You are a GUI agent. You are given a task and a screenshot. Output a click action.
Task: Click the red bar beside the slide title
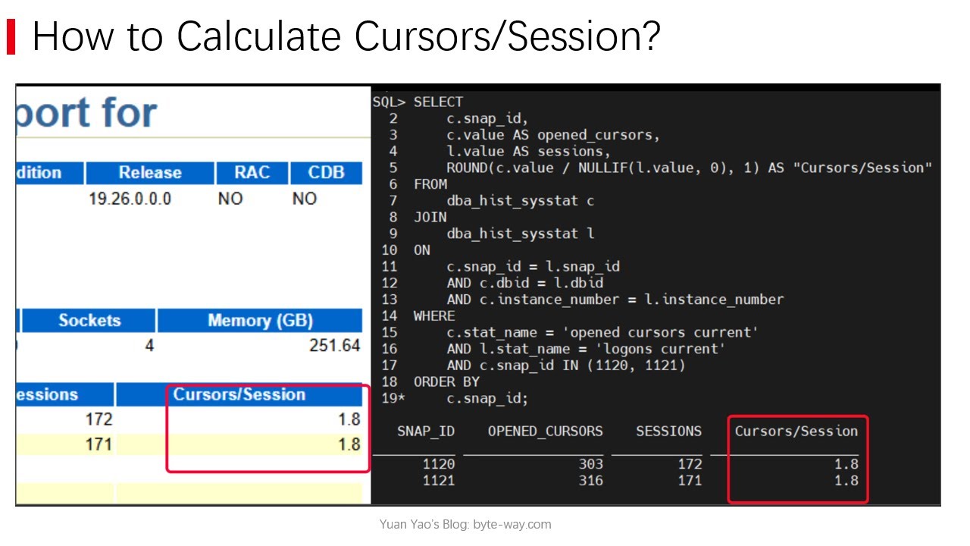[11, 37]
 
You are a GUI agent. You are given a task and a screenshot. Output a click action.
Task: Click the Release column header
[149, 173]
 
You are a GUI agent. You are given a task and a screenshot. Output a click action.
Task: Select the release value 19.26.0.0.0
[130, 199]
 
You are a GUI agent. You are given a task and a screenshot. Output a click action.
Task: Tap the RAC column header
[252, 173]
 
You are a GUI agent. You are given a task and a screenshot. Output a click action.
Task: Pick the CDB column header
[325, 173]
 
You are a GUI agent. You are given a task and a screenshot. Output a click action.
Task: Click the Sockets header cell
[89, 321]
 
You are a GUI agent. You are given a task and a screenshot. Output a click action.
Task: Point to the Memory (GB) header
[260, 321]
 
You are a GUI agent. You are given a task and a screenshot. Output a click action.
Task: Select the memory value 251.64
[334, 346]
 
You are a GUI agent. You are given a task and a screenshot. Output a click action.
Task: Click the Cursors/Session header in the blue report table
[239, 394]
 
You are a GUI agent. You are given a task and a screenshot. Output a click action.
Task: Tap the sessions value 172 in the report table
[99, 419]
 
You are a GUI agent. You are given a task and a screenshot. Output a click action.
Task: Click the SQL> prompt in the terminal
[389, 102]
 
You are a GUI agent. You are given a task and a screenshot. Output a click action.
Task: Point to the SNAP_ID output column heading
[426, 431]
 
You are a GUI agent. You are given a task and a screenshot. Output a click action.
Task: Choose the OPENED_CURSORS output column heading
[545, 431]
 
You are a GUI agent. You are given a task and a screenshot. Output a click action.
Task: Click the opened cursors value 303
[590, 464]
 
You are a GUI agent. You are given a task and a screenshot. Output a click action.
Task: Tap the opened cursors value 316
[590, 481]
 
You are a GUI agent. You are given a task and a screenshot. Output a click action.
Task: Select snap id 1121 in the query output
[439, 481]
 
